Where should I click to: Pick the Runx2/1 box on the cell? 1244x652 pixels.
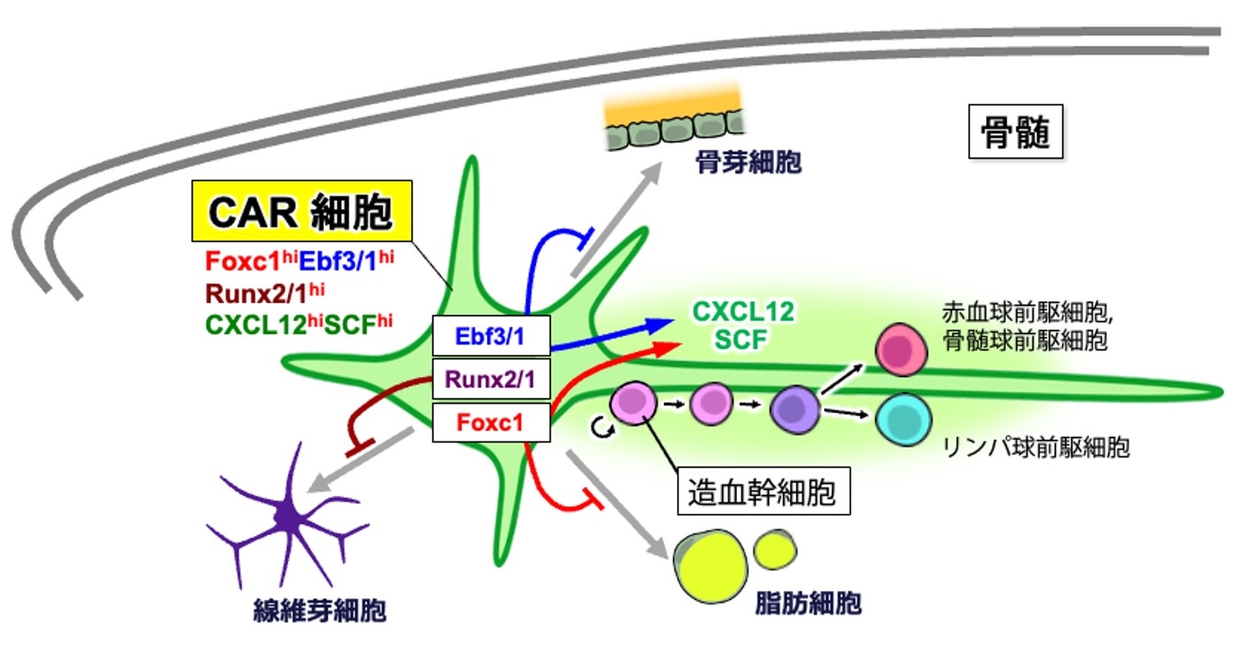pos(492,380)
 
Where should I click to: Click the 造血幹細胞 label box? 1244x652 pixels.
pos(763,490)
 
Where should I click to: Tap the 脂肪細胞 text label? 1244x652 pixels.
pos(807,604)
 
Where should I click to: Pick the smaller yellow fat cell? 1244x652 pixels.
pos(776,549)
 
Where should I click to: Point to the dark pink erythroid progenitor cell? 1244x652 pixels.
pos(902,348)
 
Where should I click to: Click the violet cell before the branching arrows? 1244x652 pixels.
pos(793,408)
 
